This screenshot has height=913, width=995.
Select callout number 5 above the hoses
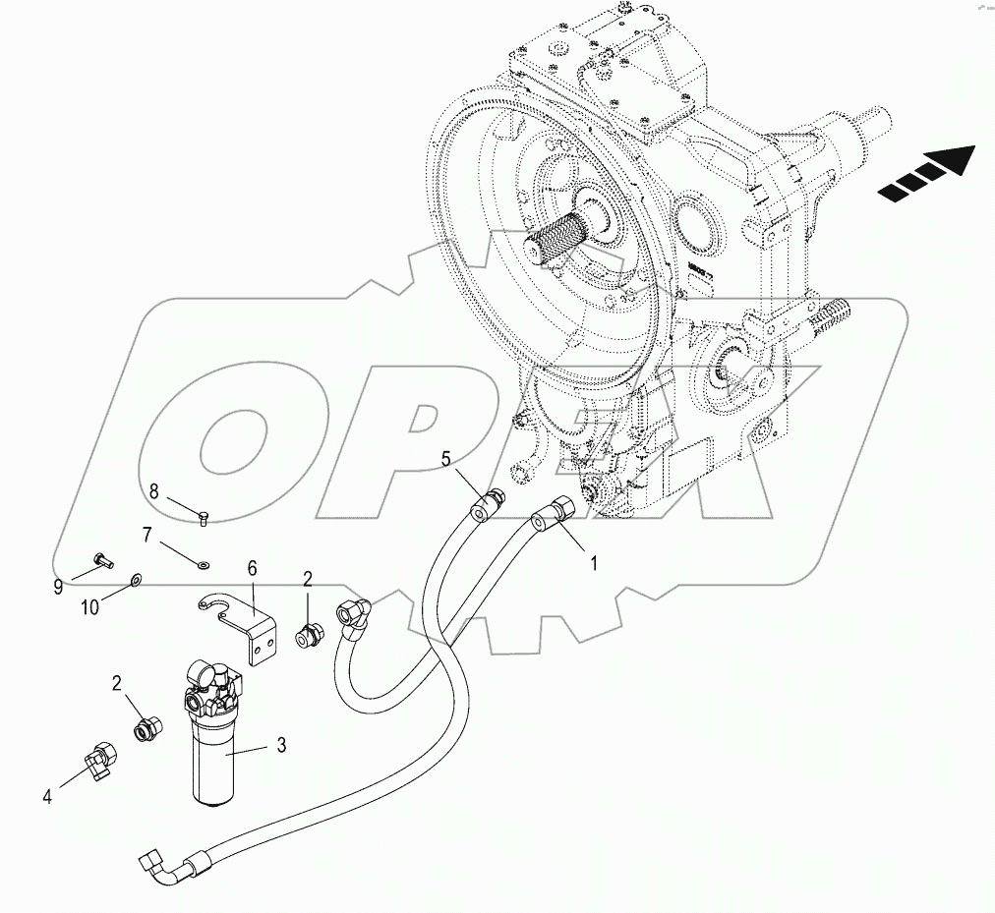pos(445,458)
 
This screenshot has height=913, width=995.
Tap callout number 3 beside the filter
pos(281,746)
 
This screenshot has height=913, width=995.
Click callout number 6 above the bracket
pos(252,568)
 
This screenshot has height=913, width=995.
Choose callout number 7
pos(147,536)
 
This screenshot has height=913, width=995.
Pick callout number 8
pos(154,491)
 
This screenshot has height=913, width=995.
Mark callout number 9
pos(59,588)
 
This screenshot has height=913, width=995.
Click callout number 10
pos(89,607)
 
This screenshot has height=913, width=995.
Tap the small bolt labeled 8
pos(205,516)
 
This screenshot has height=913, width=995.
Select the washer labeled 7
pos(203,564)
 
